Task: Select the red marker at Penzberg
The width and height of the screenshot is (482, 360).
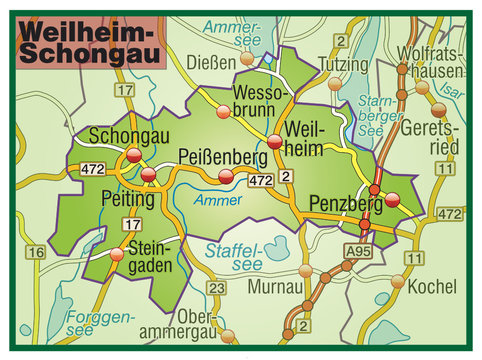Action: click(x=393, y=199)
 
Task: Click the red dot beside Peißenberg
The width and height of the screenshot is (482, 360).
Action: click(x=228, y=177)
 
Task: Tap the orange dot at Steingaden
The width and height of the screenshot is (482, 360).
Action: click(x=118, y=255)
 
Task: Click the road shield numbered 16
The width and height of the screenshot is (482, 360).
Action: click(x=36, y=253)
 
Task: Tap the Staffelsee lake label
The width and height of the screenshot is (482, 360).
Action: click(x=233, y=256)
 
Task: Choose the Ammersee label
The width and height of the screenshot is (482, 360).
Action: click(x=236, y=35)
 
